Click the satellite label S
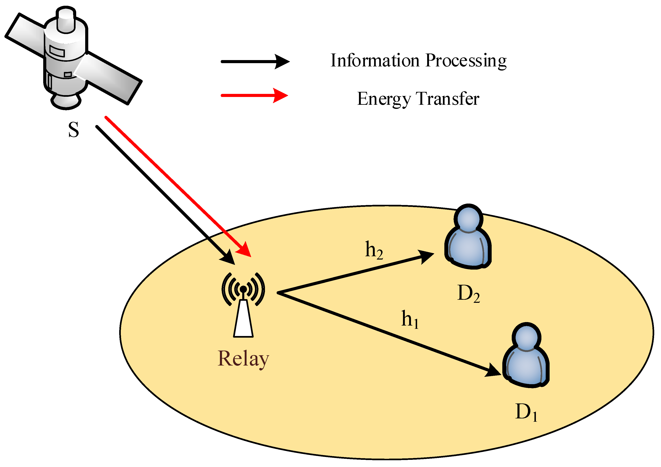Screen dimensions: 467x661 click(74, 130)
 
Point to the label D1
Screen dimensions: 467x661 click(526, 412)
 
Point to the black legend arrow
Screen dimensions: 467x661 click(255, 62)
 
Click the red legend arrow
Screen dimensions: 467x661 click(254, 95)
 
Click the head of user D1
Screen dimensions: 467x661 click(526, 337)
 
